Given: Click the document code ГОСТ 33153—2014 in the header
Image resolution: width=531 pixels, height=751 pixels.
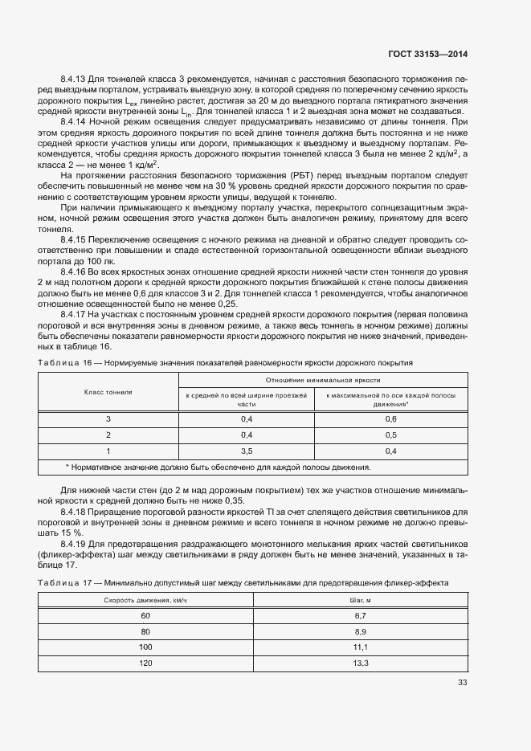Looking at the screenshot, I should pyautogui.click(x=423, y=54).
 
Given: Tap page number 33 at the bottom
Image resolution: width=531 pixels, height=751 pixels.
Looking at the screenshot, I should pyautogui.click(x=462, y=683).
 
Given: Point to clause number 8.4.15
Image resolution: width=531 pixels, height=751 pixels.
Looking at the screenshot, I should pyautogui.click(x=76, y=239).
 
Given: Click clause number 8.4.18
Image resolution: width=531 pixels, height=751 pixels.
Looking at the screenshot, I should pyautogui.click(x=76, y=512).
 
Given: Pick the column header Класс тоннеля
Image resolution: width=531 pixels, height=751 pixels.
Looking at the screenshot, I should pyautogui.click(x=108, y=392).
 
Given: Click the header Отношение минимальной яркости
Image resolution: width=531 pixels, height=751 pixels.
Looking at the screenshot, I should pyautogui.click(x=323, y=380).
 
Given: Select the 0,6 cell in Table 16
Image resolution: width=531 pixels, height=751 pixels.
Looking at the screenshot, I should pyautogui.click(x=391, y=419).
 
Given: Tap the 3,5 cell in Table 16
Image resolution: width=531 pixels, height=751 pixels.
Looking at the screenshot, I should pyautogui.click(x=247, y=451).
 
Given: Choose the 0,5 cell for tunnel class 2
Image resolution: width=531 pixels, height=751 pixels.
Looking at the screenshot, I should pyautogui.click(x=391, y=435).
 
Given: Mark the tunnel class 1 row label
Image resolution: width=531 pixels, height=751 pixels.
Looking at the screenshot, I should pyautogui.click(x=108, y=451).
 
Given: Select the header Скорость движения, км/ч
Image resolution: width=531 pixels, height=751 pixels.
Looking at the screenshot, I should pyautogui.click(x=145, y=600).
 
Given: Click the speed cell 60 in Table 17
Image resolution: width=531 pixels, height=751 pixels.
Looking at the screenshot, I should pyautogui.click(x=145, y=615).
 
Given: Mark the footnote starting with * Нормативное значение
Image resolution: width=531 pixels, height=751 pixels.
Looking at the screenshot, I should pyautogui.click(x=217, y=467).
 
